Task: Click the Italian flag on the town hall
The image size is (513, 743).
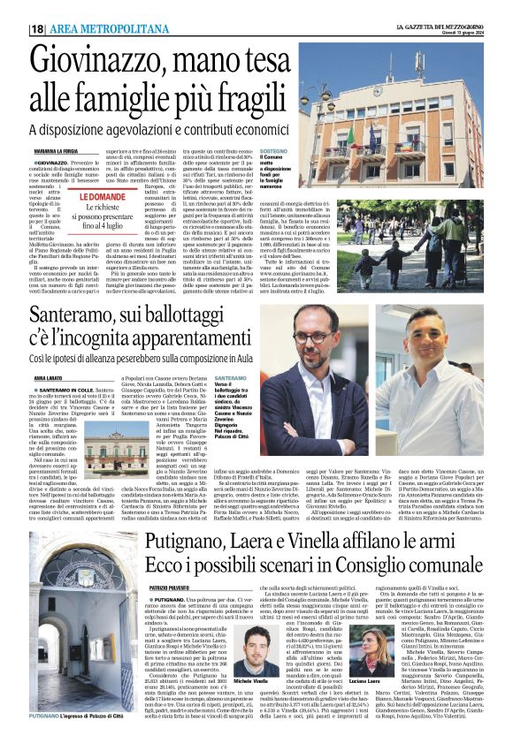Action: click(x=351, y=133)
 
